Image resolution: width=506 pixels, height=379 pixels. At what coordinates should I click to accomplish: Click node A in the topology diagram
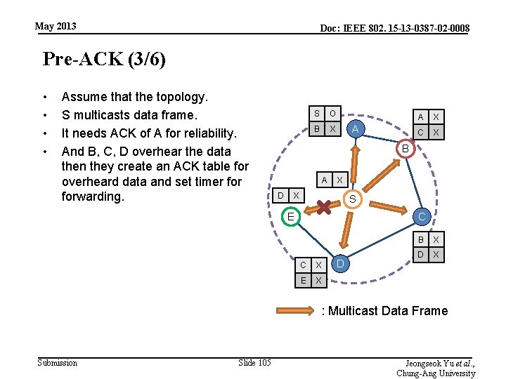click(x=356, y=128)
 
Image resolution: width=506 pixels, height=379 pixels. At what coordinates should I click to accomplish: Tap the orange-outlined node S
click(x=353, y=201)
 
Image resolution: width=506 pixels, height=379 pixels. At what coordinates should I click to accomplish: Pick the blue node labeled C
click(x=421, y=217)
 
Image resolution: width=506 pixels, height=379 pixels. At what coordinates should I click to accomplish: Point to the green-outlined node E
click(x=290, y=217)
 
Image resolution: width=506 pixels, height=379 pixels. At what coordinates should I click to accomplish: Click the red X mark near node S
click(x=324, y=207)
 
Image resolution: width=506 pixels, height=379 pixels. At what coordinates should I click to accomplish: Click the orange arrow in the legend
click(x=297, y=310)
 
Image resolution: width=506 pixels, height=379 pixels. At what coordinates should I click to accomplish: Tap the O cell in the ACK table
click(x=332, y=114)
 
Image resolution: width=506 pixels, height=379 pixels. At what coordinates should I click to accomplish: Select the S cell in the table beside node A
click(x=316, y=114)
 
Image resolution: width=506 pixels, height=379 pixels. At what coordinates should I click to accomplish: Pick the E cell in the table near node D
click(x=303, y=281)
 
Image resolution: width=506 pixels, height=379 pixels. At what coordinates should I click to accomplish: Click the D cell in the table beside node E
click(x=280, y=194)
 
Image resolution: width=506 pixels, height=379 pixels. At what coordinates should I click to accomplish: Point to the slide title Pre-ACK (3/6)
click(x=104, y=59)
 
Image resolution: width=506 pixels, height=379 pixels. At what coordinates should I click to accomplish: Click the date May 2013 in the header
click(x=56, y=27)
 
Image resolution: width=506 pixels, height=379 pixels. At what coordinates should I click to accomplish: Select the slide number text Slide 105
click(x=254, y=362)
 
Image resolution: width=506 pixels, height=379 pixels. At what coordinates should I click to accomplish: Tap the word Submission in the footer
click(x=58, y=362)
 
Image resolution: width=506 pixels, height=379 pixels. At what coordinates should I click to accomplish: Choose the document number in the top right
click(x=395, y=28)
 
